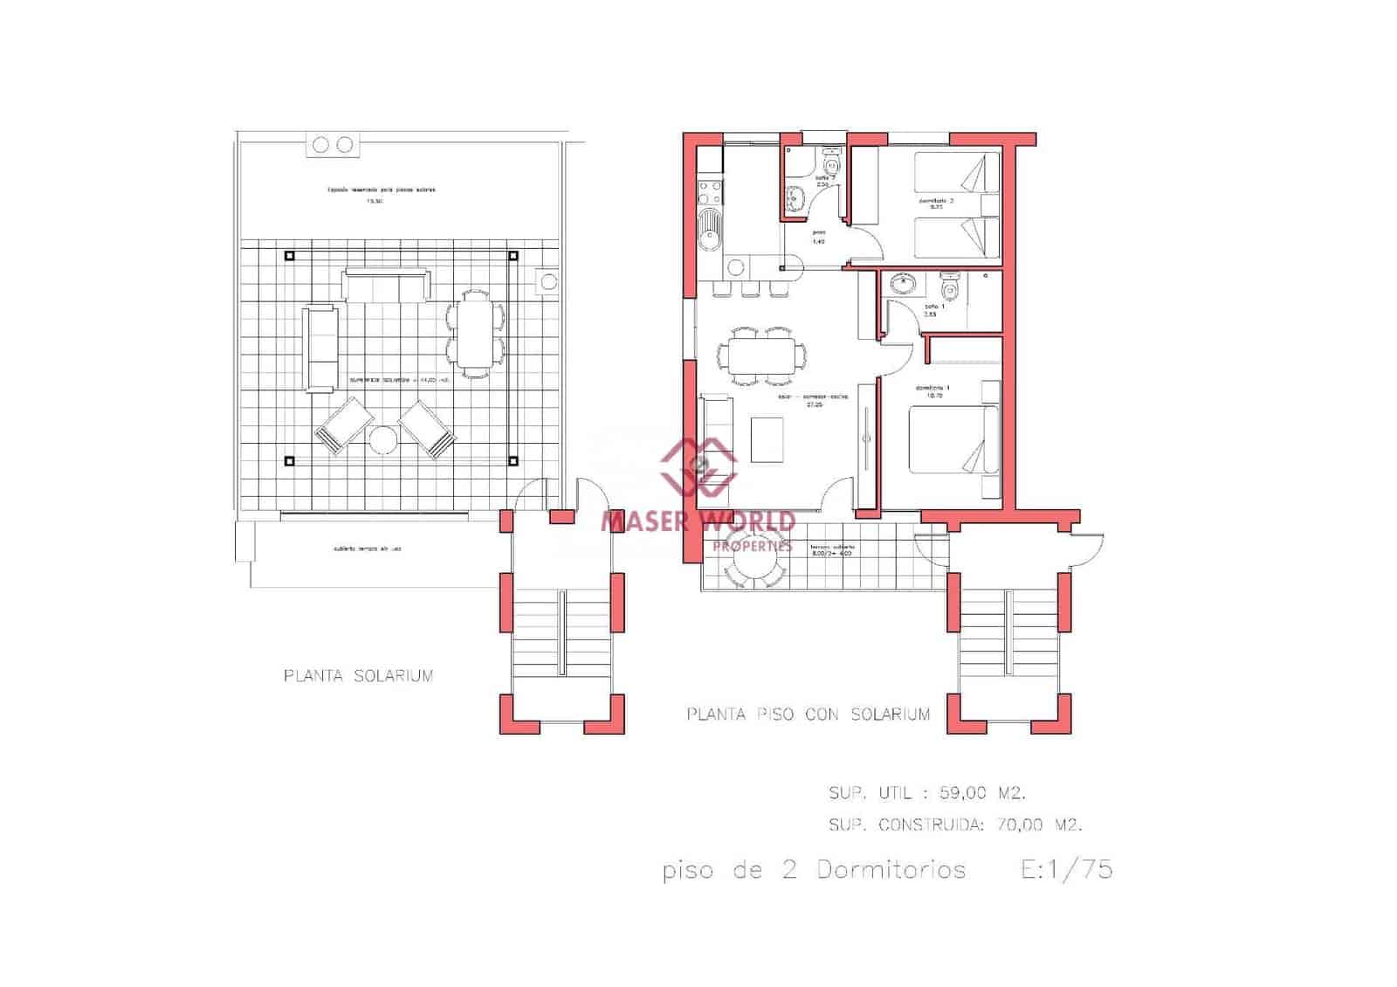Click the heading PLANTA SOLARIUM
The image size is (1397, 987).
click(x=358, y=675)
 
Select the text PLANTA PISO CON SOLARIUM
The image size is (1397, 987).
click(x=808, y=714)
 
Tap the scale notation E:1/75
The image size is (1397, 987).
click(x=1066, y=870)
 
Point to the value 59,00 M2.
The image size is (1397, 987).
click(x=981, y=793)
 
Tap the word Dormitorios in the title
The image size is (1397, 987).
click(x=891, y=870)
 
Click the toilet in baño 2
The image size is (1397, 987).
click(x=830, y=163)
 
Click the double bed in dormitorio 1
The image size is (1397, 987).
click(x=953, y=440)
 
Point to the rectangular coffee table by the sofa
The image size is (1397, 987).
click(x=767, y=439)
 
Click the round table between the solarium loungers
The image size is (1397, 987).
click(x=383, y=440)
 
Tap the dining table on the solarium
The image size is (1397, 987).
click(x=475, y=333)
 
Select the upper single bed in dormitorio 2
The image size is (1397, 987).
click(x=956, y=173)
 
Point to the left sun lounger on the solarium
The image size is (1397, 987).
click(x=343, y=425)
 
